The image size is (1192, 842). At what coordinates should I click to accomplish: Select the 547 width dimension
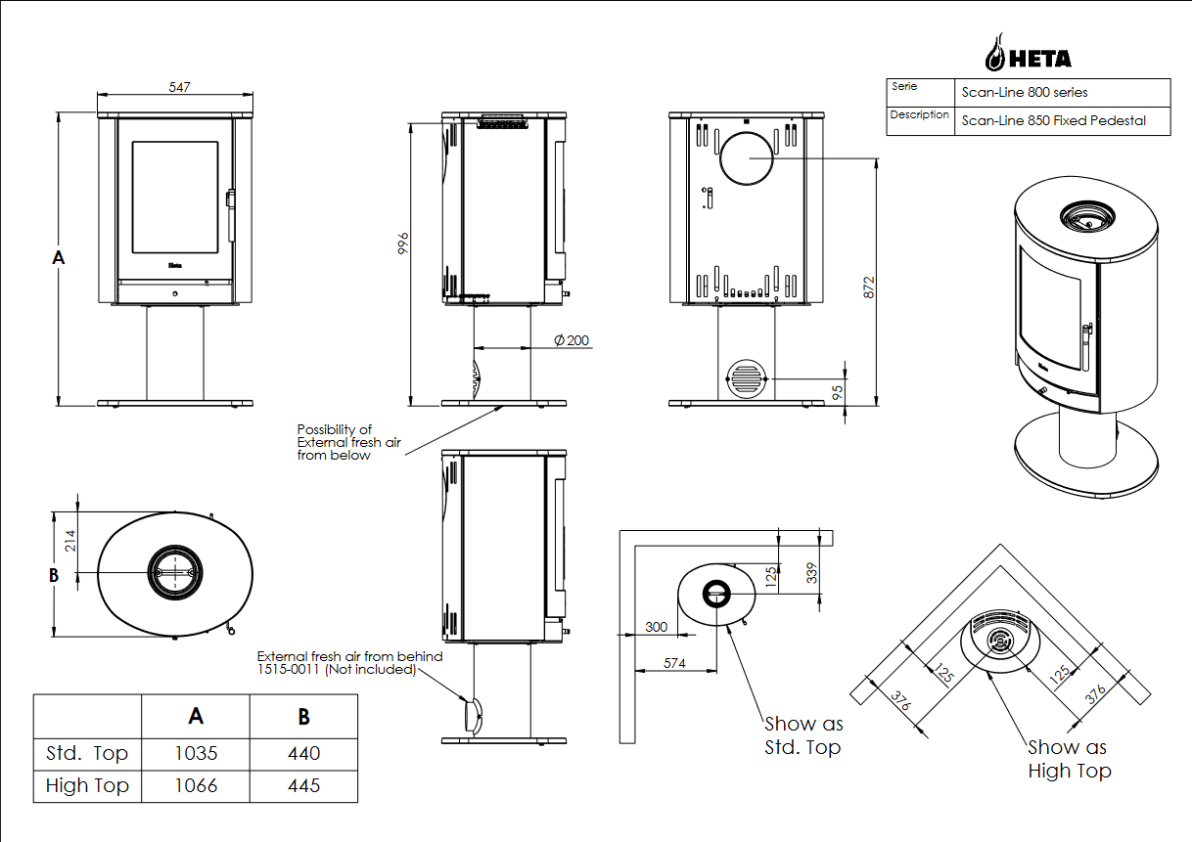coord(178,87)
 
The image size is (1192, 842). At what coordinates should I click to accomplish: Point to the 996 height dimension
coord(401,244)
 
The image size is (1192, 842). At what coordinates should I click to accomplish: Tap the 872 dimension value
coord(868,287)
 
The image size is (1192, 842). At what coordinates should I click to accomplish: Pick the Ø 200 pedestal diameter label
coord(572,340)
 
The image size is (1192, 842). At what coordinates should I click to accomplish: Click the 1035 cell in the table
coord(196,754)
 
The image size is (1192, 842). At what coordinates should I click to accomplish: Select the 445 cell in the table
coord(303,786)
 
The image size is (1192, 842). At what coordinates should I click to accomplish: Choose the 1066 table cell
coord(196,786)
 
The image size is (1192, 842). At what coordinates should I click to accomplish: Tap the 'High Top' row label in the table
coord(87,786)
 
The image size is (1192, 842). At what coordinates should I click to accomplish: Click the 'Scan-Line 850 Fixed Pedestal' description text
coord(1053,121)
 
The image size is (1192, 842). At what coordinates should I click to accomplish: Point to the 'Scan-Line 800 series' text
coord(1025,93)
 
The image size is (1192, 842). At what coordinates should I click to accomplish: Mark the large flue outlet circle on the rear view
coord(748,156)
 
